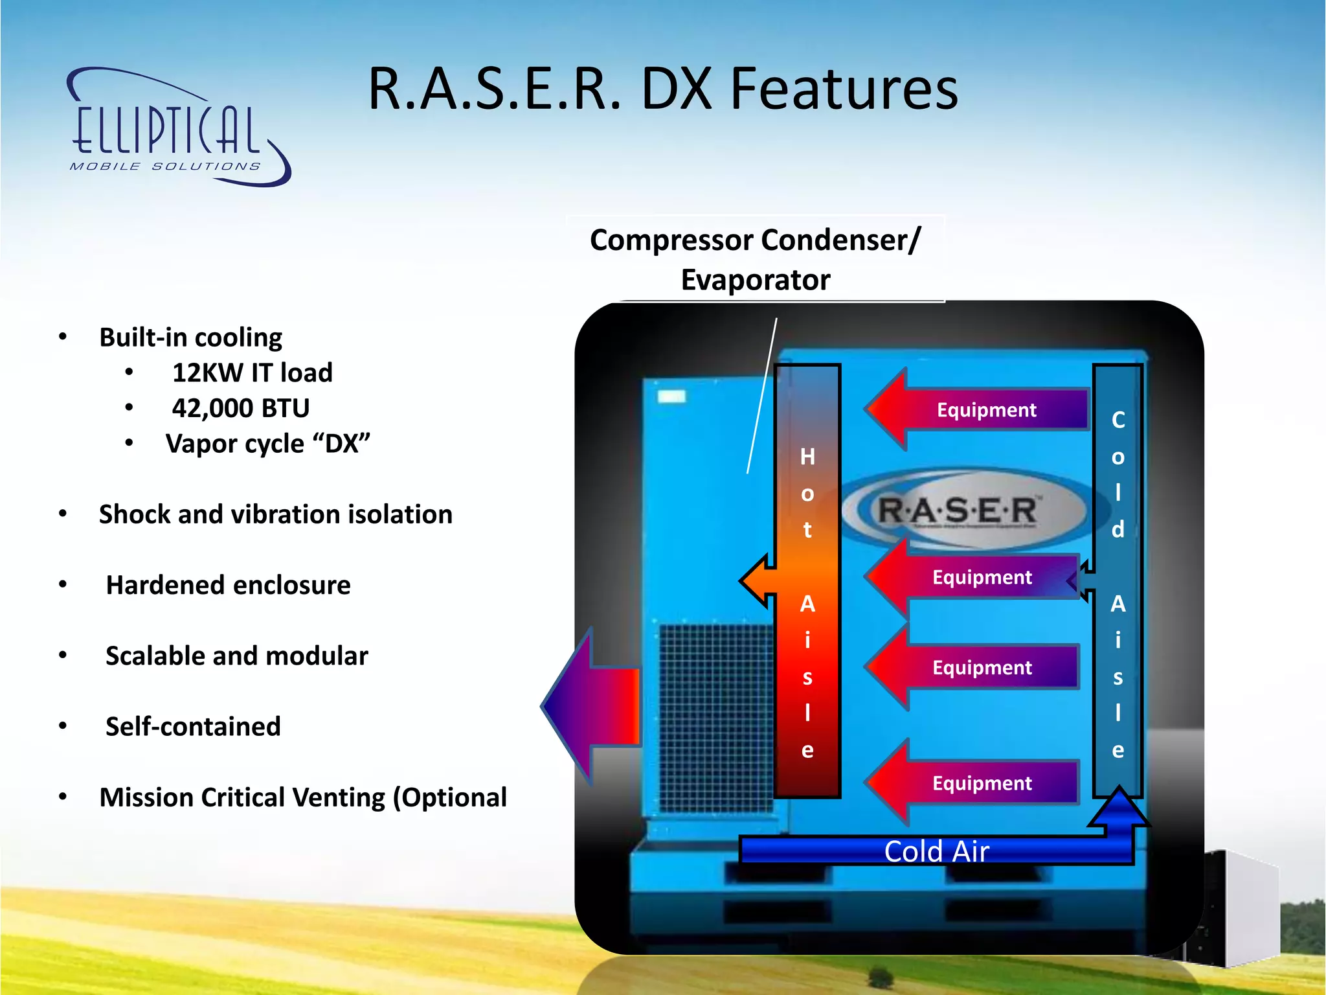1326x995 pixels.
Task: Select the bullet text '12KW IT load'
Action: click(x=252, y=373)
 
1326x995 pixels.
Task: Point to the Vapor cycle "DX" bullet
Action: click(x=267, y=444)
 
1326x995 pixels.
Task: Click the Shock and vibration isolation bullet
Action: click(x=275, y=515)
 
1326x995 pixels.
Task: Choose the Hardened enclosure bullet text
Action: click(x=228, y=586)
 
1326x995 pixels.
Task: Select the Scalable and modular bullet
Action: click(x=236, y=656)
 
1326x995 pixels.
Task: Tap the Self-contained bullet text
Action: click(x=193, y=727)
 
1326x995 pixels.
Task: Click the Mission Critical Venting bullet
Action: click(x=302, y=797)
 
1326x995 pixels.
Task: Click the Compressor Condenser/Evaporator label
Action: click(x=755, y=259)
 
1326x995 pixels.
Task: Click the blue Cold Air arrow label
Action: click(x=936, y=851)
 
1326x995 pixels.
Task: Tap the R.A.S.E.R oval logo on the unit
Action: click(x=958, y=510)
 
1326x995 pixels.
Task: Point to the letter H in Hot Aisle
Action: click(x=807, y=457)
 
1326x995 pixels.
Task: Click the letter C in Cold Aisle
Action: click(x=1118, y=420)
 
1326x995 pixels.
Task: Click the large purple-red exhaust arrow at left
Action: click(x=592, y=706)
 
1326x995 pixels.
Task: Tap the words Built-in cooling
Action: click(x=190, y=338)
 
